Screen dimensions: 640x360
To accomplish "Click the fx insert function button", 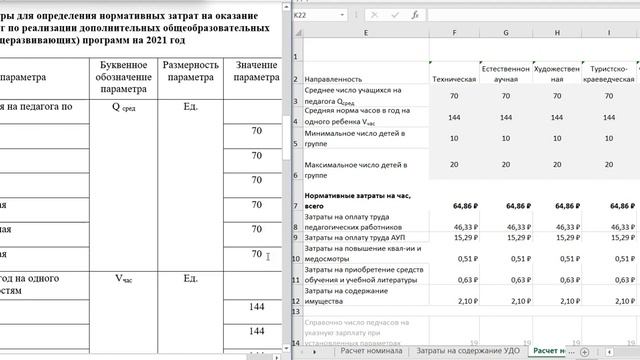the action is click(x=413, y=16).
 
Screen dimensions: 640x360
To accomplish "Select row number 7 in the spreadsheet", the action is click(x=297, y=205).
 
